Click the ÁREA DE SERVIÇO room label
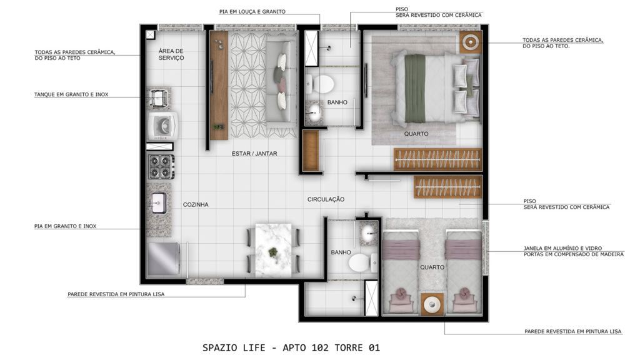pyautogui.click(x=171, y=54)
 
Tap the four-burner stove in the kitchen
pyautogui.click(x=161, y=166)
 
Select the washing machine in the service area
pyautogui.click(x=162, y=126)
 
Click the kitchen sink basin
pyautogui.click(x=159, y=203)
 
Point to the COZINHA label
pyautogui.click(x=196, y=204)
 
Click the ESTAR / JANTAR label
pyautogui.click(x=254, y=154)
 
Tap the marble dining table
pyautogui.click(x=273, y=250)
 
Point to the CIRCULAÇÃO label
pyautogui.click(x=326, y=199)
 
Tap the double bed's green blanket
pyautogui.click(x=415, y=89)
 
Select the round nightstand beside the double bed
pyautogui.click(x=471, y=42)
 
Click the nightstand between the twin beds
pyautogui.click(x=432, y=304)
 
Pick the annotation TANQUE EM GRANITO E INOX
pyautogui.click(x=71, y=94)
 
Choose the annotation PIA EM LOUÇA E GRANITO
pyautogui.click(x=252, y=11)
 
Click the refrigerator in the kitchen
pyautogui.click(x=163, y=259)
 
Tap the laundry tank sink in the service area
pyautogui.click(x=159, y=98)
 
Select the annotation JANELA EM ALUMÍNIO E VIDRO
pyautogui.click(x=562, y=248)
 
